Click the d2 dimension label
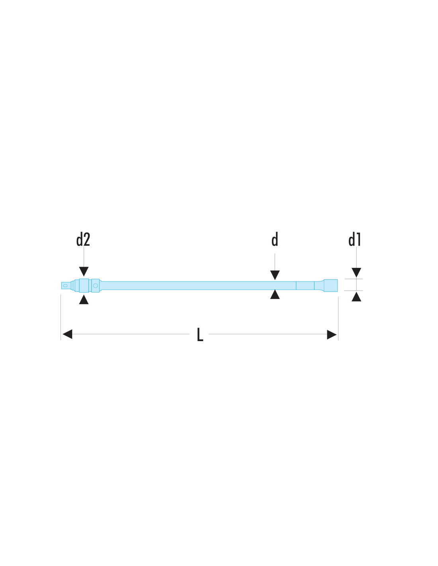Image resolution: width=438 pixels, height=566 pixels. click(83, 239)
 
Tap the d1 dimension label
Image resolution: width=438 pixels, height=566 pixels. click(354, 239)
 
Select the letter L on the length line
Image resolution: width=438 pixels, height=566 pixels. click(200, 334)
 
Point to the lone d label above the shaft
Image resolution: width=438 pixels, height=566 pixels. click(275, 239)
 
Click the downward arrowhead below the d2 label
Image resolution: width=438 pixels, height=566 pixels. click(84, 271)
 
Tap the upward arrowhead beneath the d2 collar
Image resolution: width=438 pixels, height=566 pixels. click(84, 300)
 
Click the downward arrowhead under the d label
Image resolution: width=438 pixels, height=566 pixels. click(275, 275)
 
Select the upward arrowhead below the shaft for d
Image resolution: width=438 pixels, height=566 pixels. click(275, 294)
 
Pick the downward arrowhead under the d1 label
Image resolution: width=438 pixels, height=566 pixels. click(356, 272)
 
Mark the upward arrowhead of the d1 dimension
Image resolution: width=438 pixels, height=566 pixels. click(356, 297)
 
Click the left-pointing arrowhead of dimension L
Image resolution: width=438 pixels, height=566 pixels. click(67, 334)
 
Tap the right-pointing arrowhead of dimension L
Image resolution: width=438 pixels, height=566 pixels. click(332, 334)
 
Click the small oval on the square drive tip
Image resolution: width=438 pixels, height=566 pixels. click(65, 286)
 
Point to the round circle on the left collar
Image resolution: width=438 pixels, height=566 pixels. click(96, 286)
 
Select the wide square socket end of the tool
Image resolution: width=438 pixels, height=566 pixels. click(330, 286)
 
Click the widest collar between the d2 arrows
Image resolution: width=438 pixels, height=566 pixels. click(84, 286)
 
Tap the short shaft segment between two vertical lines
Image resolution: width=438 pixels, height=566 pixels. click(305, 285)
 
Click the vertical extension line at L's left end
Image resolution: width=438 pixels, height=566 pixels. click(61, 317)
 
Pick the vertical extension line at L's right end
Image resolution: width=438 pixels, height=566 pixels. click(338, 318)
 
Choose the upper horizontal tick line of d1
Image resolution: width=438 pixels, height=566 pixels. click(354, 279)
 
